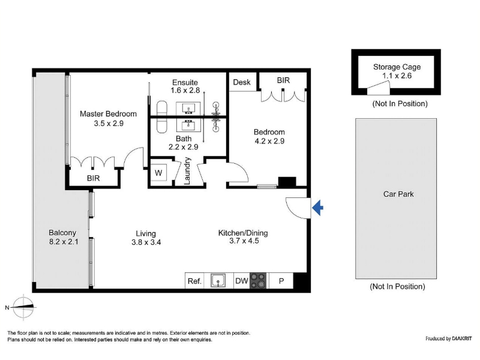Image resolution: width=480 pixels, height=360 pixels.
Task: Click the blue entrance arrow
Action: [318, 208]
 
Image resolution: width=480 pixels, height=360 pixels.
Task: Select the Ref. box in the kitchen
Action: [194, 281]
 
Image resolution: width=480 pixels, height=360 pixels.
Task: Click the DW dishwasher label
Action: [242, 281]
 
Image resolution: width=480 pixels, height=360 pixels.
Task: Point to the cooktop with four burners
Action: [258, 281]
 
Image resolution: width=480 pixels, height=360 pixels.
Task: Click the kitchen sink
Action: [218, 281]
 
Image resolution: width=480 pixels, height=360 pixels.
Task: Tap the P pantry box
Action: [281, 281]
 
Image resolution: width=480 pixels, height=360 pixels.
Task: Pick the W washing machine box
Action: [158, 173]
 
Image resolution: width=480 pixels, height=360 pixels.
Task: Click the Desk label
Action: [242, 82]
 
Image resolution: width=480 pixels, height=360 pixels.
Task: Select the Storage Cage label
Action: [397, 67]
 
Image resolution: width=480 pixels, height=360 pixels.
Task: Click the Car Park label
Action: [398, 194]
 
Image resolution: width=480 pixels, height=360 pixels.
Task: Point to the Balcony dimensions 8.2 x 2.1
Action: [64, 242]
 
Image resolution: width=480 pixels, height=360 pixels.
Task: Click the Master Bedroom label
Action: [108, 114]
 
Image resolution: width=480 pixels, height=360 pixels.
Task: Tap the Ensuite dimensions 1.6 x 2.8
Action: [185, 91]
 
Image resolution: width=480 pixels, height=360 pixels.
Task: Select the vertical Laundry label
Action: [187, 171]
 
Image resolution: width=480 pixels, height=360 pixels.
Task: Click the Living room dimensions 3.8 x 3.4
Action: [146, 242]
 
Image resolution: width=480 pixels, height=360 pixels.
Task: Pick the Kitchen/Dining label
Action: [243, 233]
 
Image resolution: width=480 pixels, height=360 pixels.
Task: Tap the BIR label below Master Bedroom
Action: [94, 178]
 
